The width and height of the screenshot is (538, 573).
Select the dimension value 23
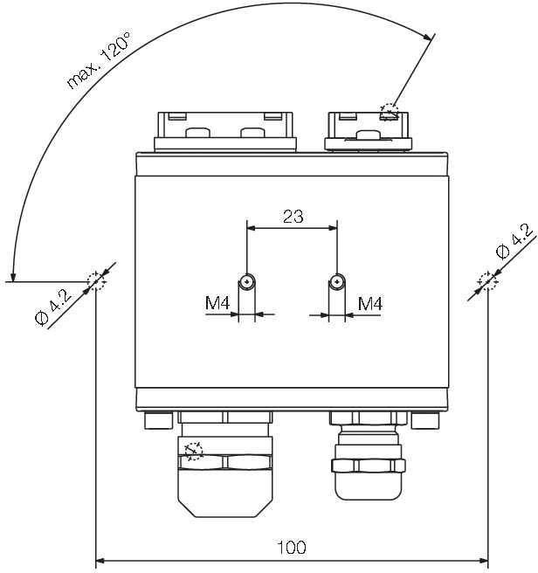293,216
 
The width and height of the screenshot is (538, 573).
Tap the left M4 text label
217,303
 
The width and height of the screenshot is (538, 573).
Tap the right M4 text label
371,303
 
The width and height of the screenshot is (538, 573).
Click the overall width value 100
292,548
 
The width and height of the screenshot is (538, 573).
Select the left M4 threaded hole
247,281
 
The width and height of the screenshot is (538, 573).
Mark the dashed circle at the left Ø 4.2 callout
95,281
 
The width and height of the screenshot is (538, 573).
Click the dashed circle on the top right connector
390,111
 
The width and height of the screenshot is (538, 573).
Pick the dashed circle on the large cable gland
193,450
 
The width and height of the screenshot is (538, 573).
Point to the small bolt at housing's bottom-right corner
424,422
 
